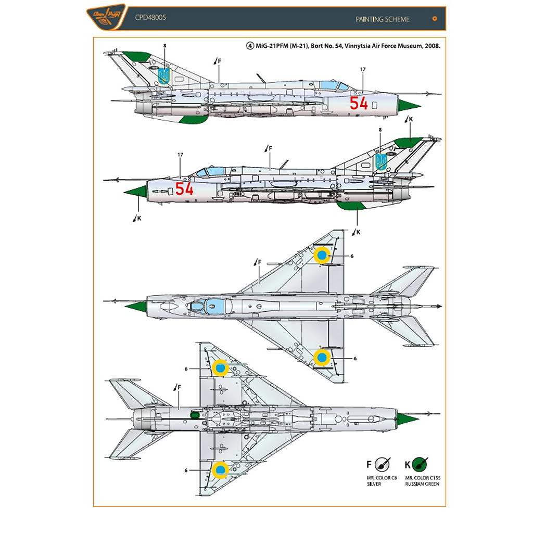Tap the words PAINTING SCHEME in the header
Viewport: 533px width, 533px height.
(383, 19)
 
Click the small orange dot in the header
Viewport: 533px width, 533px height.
(435, 19)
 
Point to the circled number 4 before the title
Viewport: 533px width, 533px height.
(250, 46)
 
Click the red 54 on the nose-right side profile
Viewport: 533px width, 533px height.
(359, 103)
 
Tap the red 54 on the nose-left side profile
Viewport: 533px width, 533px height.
(184, 189)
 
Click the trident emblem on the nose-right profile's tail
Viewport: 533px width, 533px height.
(164, 76)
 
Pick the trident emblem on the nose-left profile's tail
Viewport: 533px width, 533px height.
(381, 162)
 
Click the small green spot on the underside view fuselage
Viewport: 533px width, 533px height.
(195, 415)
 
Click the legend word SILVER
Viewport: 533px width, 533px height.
(373, 484)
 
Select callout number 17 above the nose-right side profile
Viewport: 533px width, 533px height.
(362, 69)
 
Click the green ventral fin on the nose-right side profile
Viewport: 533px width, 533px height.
(193, 119)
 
